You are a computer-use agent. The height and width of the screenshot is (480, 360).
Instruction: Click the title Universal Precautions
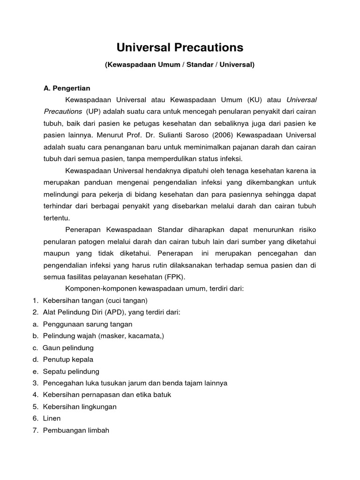[180, 47]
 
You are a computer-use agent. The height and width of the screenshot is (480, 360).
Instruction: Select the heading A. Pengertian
[67, 88]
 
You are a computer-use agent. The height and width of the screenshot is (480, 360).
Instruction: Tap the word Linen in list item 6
[52, 418]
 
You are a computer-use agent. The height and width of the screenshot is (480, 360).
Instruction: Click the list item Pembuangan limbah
[76, 430]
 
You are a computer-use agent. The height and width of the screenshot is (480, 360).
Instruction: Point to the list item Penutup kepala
[68, 360]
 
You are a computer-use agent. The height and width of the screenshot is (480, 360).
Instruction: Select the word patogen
[87, 241]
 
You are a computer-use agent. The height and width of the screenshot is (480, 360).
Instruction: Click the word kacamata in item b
[148, 336]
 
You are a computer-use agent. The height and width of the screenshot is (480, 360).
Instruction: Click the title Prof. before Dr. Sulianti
[151, 135]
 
